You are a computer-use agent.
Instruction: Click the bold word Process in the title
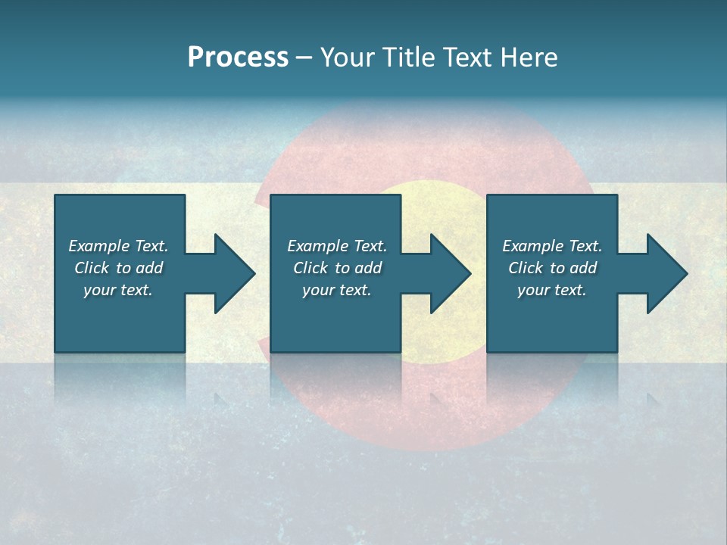pyautogui.click(x=238, y=58)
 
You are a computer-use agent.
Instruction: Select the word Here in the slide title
pyautogui.click(x=528, y=58)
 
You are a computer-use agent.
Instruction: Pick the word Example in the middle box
pyautogui.click(x=317, y=246)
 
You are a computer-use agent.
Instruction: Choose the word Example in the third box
pyautogui.click(x=532, y=246)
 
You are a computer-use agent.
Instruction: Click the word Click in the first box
pyautogui.click(x=92, y=268)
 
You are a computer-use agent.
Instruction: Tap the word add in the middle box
pyautogui.click(x=368, y=268)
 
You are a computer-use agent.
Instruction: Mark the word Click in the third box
pyautogui.click(x=526, y=268)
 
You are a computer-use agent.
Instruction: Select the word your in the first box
pyautogui.click(x=99, y=290)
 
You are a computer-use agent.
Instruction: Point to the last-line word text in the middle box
pyautogui.click(x=356, y=290)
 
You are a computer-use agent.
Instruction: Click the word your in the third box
pyautogui.click(x=533, y=290)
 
